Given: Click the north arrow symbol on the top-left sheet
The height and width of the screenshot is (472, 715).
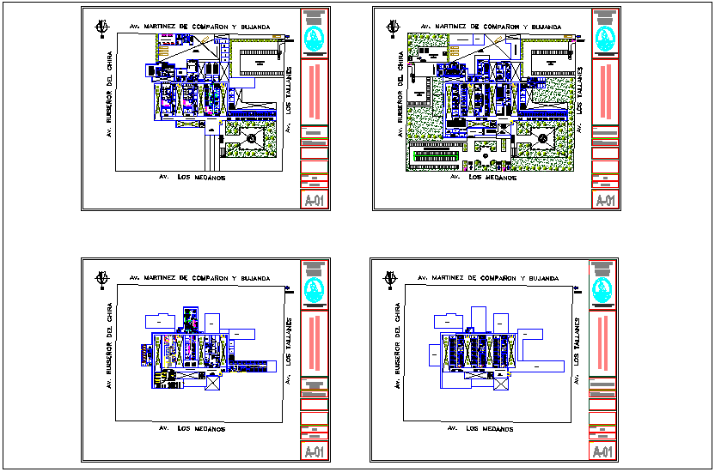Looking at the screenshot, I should tap(102, 28).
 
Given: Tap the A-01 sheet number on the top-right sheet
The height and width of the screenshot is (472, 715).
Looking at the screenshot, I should tap(606, 201).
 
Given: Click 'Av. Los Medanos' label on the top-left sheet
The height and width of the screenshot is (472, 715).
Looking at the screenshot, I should tap(192, 177).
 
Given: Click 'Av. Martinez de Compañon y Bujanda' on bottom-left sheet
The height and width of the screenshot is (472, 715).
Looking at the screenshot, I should tap(199, 279).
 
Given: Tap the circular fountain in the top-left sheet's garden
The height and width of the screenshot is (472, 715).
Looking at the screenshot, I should tap(252, 136).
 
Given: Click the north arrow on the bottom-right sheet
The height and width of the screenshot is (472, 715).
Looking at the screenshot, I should tap(392, 279).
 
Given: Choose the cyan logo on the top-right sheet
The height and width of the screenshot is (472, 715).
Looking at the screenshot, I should tap(606, 38).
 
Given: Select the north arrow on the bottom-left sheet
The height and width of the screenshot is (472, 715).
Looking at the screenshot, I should tap(102, 279).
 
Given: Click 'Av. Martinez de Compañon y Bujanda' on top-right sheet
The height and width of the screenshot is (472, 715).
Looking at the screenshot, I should tap(489, 27).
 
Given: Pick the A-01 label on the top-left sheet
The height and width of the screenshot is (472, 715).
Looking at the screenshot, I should tap(315, 201).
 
